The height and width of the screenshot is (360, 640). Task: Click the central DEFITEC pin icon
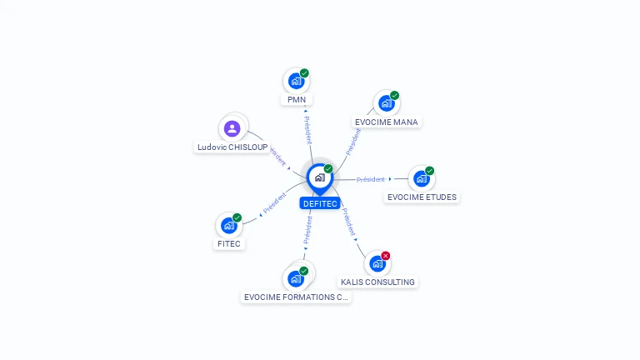point(319,177)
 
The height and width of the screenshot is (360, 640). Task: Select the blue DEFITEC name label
point(320,203)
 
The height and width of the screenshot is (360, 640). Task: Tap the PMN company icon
point(295,81)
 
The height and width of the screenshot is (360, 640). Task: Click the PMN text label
point(297,100)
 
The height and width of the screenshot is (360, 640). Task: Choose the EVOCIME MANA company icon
point(385,103)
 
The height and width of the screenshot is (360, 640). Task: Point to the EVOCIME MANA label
point(387,122)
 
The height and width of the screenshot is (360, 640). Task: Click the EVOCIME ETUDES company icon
point(421,178)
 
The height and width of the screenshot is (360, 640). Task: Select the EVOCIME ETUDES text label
point(422,197)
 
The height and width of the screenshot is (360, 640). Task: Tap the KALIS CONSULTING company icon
point(377,263)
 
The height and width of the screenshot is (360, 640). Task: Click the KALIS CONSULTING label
point(377,282)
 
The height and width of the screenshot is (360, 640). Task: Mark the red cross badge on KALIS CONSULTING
point(386,256)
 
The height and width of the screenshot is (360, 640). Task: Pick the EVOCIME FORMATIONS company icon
point(295,278)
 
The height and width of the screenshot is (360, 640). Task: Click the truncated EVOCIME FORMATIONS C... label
point(296,297)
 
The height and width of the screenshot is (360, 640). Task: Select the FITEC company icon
point(229,225)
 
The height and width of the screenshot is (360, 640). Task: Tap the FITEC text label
point(229,244)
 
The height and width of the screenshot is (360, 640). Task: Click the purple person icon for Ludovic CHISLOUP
point(232,128)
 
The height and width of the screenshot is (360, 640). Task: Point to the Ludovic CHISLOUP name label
point(232,147)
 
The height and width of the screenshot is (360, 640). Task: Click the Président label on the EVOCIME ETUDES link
point(371,179)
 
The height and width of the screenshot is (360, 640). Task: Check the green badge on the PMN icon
point(305,73)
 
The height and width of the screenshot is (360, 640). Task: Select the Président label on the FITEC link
point(275,203)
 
